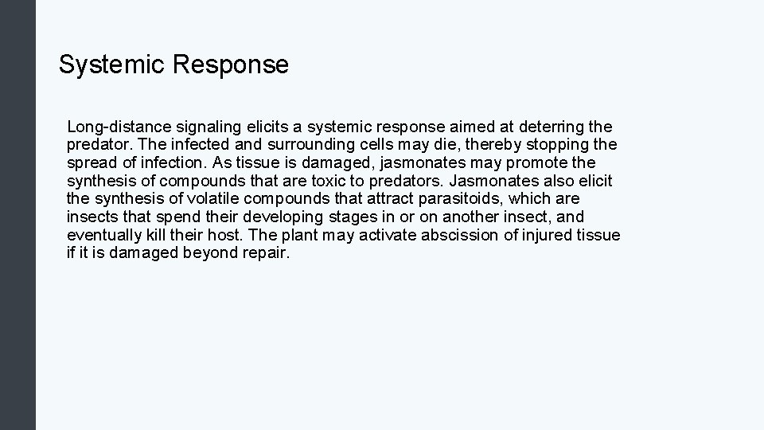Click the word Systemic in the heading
tap(111, 64)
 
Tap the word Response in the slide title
tap(230, 64)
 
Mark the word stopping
tap(559, 145)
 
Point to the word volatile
tap(212, 198)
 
